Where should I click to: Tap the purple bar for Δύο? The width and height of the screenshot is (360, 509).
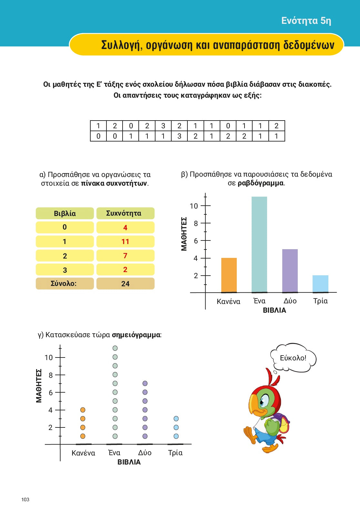290,271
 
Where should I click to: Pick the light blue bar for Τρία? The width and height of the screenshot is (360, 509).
320,284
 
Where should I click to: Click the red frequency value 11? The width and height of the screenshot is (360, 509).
125,241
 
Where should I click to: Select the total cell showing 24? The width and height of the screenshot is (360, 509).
125,284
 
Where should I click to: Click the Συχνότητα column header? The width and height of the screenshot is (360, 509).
125,213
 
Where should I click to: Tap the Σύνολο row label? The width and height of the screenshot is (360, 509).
64,284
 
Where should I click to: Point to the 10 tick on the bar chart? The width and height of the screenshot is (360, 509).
194,206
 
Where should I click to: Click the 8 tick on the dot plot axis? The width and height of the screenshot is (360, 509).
51,375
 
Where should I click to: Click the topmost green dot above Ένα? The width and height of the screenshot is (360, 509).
115,348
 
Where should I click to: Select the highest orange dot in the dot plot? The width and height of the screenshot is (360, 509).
83,410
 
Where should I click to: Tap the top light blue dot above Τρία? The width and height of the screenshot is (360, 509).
176,418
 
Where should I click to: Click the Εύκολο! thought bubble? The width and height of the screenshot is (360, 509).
293,358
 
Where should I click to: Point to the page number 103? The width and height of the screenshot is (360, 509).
25,499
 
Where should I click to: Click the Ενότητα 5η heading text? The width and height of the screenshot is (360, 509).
306,21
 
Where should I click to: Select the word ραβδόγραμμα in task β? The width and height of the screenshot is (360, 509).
261,183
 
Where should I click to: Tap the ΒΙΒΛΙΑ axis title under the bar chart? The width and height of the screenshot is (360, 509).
275,310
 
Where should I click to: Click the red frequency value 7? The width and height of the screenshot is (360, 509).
125,256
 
